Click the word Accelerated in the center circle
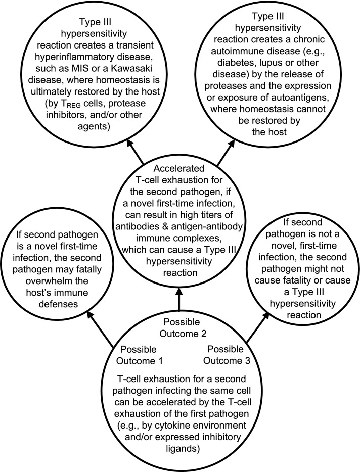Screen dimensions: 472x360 pos(180,168)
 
